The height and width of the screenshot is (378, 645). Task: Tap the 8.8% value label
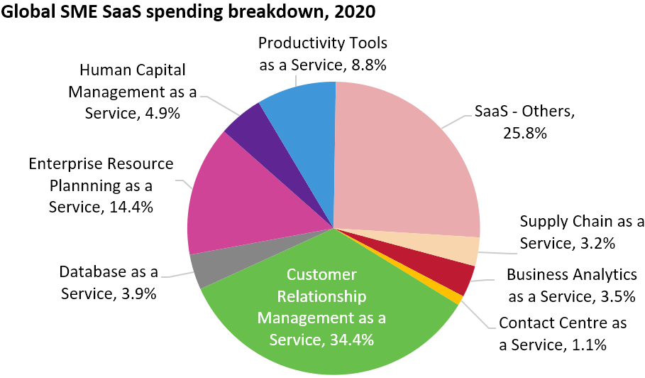point(367,65)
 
